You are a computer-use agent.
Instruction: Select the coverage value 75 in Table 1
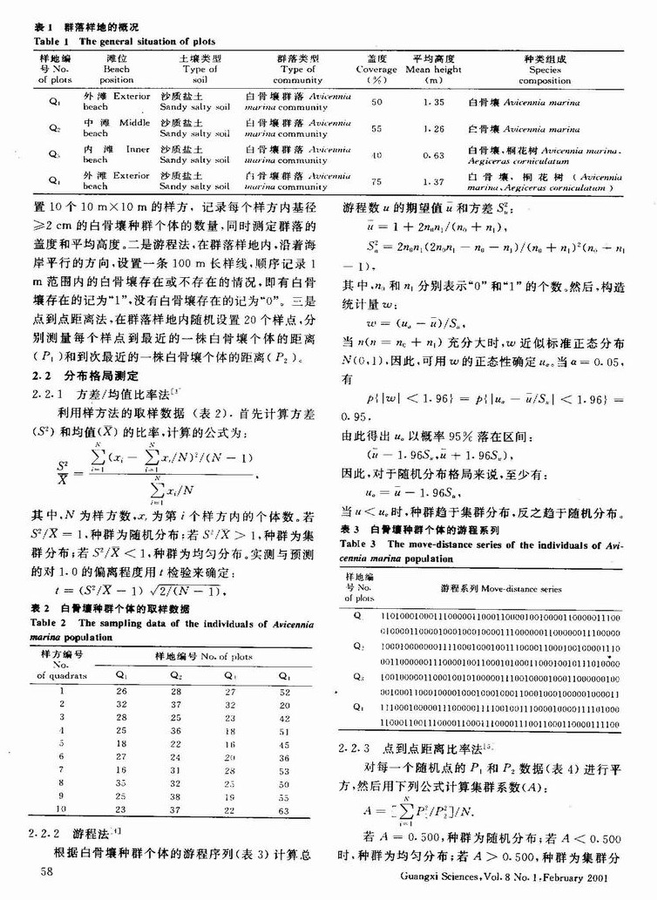[377, 182]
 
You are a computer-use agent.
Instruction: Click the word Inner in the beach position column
[138, 149]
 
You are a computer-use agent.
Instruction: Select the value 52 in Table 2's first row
[282, 691]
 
